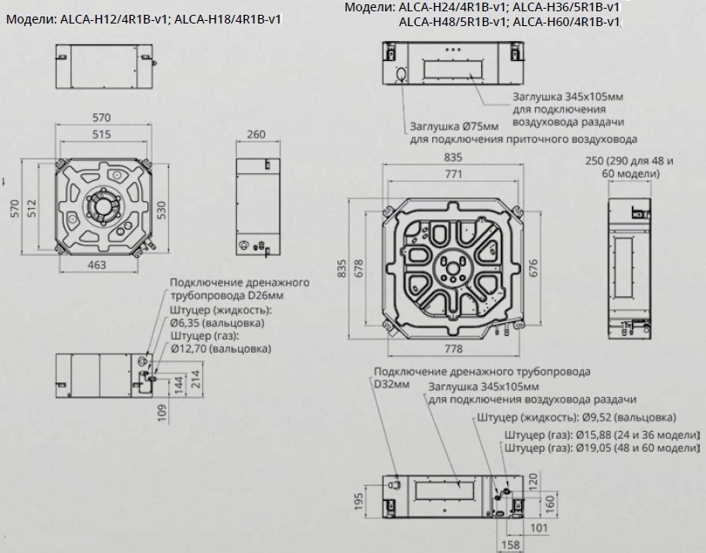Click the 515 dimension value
(102, 134)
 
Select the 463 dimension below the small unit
(97, 265)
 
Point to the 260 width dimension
(256, 134)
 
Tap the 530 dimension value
(161, 211)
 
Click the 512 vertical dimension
(31, 208)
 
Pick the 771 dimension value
(453, 174)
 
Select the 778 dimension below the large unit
(453, 348)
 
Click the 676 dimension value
(533, 268)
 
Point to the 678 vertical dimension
(359, 268)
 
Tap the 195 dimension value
(358, 502)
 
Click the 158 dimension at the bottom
(510, 545)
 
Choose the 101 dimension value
(539, 528)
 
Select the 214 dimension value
(195, 380)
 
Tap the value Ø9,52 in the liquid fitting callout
(596, 417)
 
